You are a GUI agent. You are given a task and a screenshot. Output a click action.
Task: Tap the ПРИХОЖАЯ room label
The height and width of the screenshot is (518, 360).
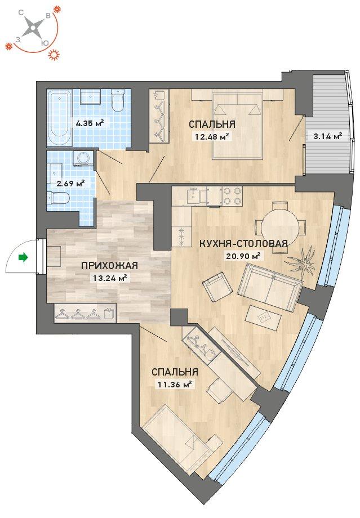[109, 266]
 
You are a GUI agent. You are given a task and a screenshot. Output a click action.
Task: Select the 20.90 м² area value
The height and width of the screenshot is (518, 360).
[243, 256]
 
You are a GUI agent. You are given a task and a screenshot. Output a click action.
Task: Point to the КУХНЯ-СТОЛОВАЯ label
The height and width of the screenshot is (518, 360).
[243, 244]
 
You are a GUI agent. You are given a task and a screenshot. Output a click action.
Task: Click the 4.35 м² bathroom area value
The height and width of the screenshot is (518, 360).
[90, 123]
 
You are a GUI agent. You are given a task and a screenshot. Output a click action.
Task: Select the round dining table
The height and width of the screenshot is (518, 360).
[277, 227]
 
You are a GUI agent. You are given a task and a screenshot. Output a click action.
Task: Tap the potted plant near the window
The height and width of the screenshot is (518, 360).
[303, 261]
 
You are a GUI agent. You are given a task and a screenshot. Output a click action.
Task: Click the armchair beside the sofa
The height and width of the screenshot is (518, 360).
[216, 287]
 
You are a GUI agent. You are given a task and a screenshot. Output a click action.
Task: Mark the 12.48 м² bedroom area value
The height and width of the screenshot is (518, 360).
[212, 136]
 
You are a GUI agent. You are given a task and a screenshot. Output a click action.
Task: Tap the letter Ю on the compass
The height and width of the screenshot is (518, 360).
[43, 43]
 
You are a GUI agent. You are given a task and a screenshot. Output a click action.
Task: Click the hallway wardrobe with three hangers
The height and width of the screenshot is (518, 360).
[85, 312]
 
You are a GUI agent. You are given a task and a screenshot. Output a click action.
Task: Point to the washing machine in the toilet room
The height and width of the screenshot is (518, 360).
[81, 158]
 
